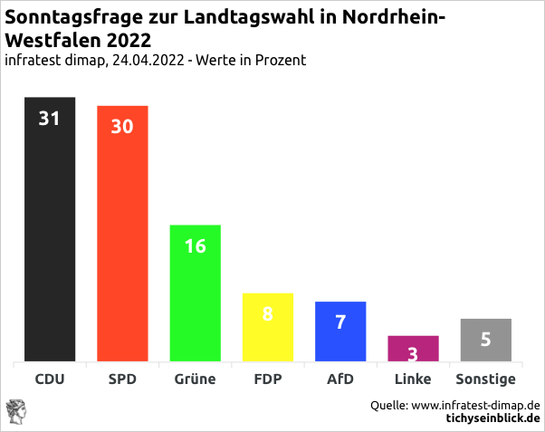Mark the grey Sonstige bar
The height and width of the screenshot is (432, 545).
click(x=486, y=341)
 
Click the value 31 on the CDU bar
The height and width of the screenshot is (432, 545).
click(x=49, y=118)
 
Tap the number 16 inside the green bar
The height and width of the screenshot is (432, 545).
click(x=196, y=245)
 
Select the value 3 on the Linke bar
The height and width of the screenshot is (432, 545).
click(x=413, y=353)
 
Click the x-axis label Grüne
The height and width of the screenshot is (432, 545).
click(x=195, y=379)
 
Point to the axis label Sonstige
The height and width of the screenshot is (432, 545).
click(x=485, y=379)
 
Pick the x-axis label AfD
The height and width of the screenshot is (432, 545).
click(x=340, y=379)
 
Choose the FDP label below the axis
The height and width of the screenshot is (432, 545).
click(x=268, y=379)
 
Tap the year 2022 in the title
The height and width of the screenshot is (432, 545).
click(x=129, y=41)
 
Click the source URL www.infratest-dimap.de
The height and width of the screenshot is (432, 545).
click(x=476, y=405)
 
